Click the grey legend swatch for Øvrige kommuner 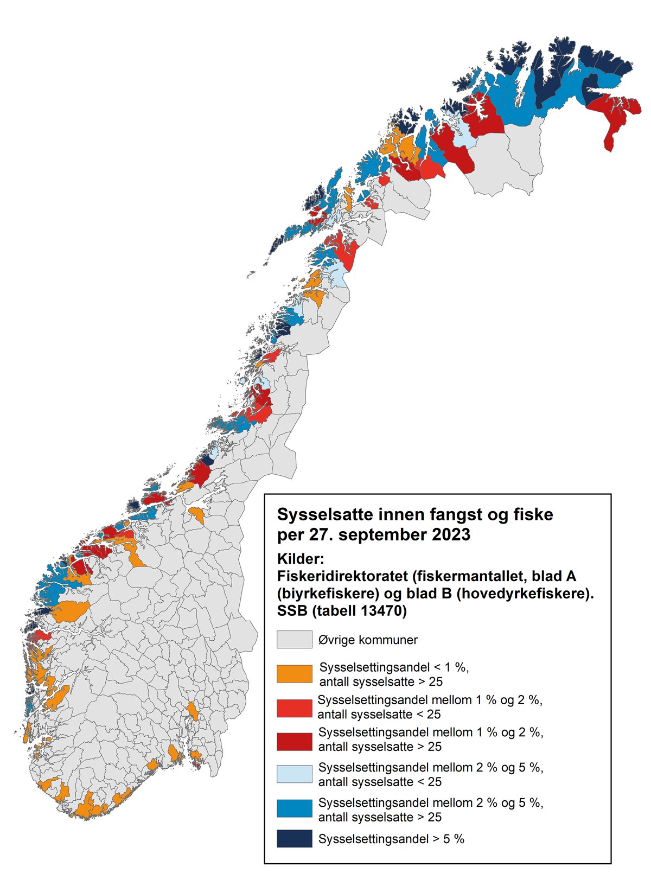(294, 639)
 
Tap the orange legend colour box (294, 673)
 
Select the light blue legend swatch (294, 774)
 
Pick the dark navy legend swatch (294, 838)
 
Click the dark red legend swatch (294, 741)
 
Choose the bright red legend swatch (294, 708)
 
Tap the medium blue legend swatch (294, 808)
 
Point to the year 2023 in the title (451, 534)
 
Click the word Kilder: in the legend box (300, 558)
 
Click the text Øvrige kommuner (368, 640)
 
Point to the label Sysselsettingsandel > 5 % (391, 839)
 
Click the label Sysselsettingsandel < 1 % (394, 667)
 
